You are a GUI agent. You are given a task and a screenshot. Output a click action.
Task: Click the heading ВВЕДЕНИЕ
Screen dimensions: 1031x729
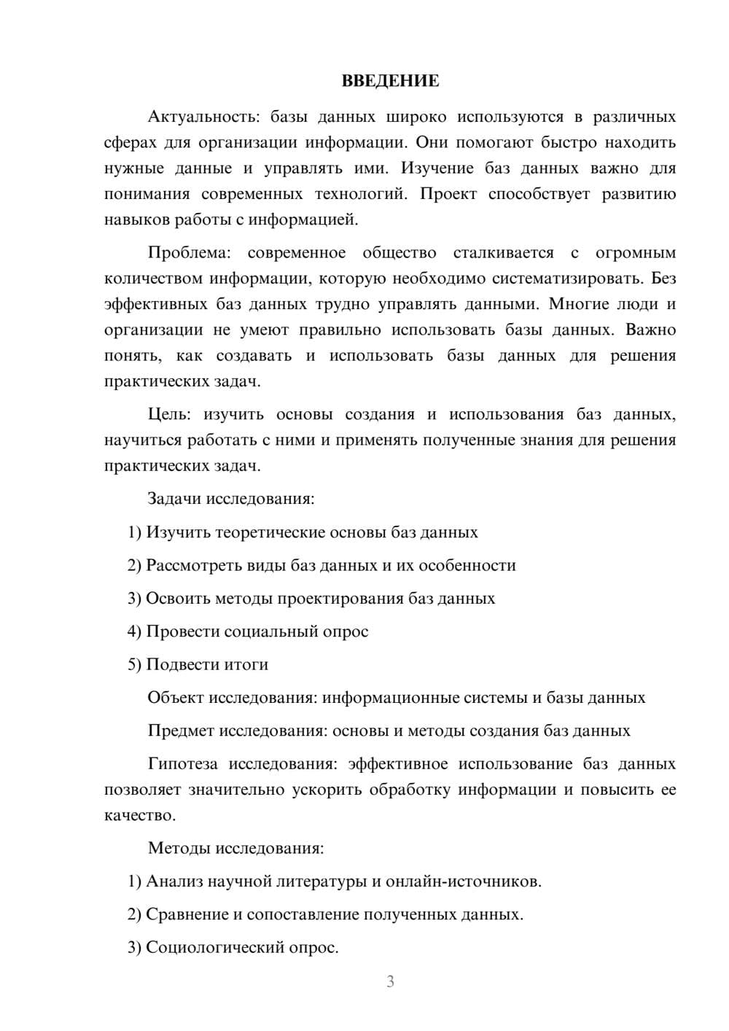[390, 81]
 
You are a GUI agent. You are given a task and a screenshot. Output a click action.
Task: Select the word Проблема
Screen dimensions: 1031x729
[188, 253]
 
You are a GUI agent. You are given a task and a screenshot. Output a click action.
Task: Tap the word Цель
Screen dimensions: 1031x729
[169, 414]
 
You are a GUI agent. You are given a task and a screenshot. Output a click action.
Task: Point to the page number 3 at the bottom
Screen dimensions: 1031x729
[390, 981]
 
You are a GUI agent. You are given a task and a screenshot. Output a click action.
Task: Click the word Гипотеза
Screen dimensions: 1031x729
[182, 763]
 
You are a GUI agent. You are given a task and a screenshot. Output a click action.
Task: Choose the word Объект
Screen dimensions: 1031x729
[176, 698]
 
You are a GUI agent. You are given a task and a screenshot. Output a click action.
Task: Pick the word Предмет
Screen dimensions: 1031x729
[181, 731]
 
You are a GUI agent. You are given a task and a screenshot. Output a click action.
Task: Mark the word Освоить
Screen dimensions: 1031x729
[178, 599]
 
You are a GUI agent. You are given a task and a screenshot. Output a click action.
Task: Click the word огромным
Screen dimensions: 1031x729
[635, 253]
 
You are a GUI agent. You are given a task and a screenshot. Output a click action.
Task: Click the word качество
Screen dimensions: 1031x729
[139, 815]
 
